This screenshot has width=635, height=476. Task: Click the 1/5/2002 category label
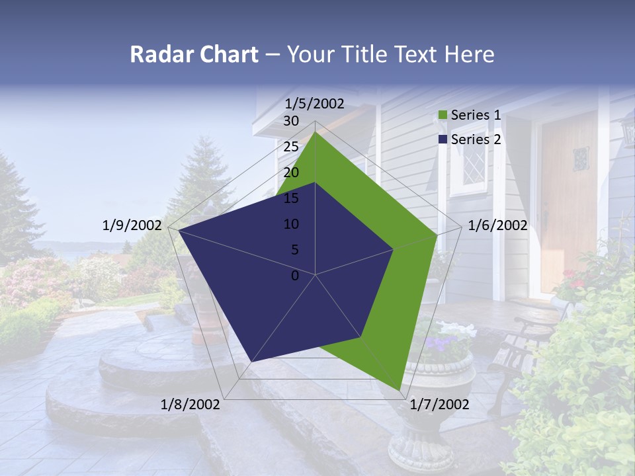tap(314, 104)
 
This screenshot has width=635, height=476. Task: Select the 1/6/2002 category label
tap(497, 225)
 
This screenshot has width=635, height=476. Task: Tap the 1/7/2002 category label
tap(439, 405)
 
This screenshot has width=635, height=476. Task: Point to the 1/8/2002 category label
tap(190, 405)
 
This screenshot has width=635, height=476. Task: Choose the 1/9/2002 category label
tap(132, 225)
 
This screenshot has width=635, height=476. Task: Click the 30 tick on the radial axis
tap(291, 121)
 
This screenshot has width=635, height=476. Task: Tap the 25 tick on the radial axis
tap(291, 147)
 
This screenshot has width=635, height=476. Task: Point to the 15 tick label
tap(291, 198)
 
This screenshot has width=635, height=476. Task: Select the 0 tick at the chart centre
tap(295, 276)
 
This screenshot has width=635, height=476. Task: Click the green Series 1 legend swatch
tap(443, 116)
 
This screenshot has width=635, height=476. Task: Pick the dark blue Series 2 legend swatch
tap(443, 139)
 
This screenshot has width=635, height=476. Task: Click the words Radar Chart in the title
tap(194, 54)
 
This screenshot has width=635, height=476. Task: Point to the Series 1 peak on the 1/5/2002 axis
tap(315, 132)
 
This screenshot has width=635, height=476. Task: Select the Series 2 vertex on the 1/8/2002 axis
tap(251, 362)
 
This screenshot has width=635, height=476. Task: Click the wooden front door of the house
tap(569, 198)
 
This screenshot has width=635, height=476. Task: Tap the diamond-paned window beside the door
tap(472, 162)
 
